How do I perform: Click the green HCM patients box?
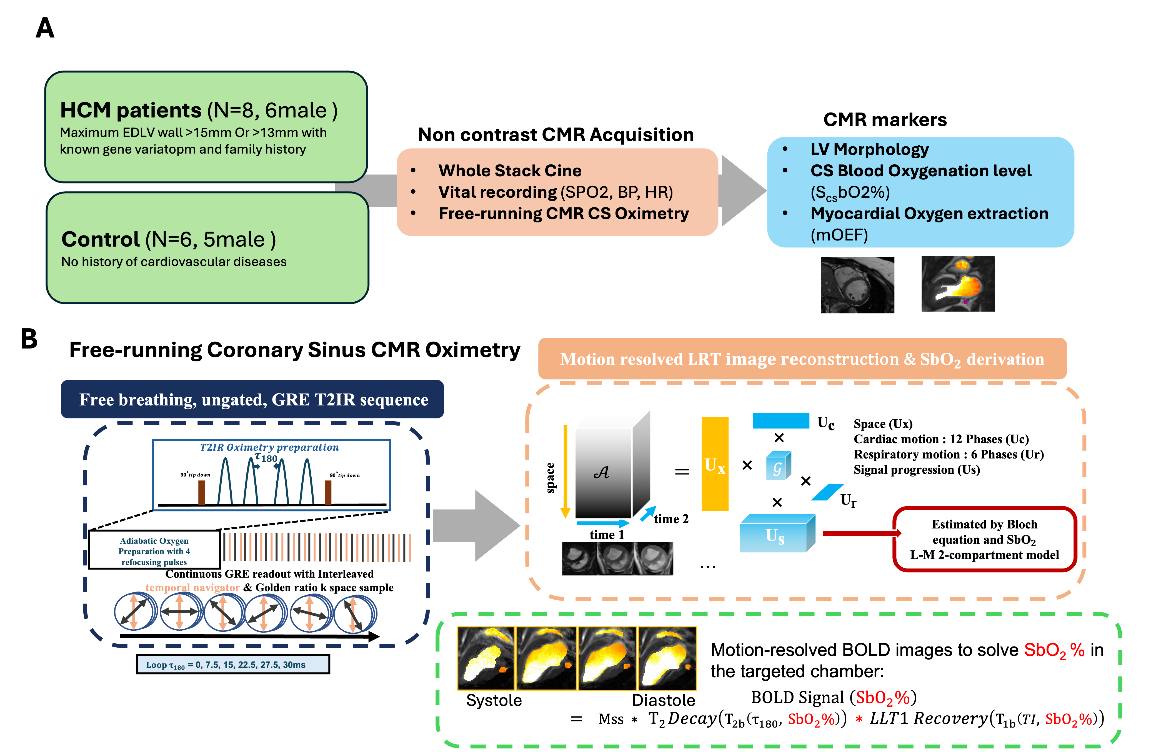205,127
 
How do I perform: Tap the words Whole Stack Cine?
510,171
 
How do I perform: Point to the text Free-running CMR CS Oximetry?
564,213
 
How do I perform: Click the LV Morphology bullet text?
869,149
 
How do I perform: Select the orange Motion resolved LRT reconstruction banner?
802,359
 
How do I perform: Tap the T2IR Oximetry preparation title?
269,447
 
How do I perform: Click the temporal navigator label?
192,587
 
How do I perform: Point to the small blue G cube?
778,466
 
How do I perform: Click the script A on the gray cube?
602,472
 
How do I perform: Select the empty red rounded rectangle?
984,539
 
